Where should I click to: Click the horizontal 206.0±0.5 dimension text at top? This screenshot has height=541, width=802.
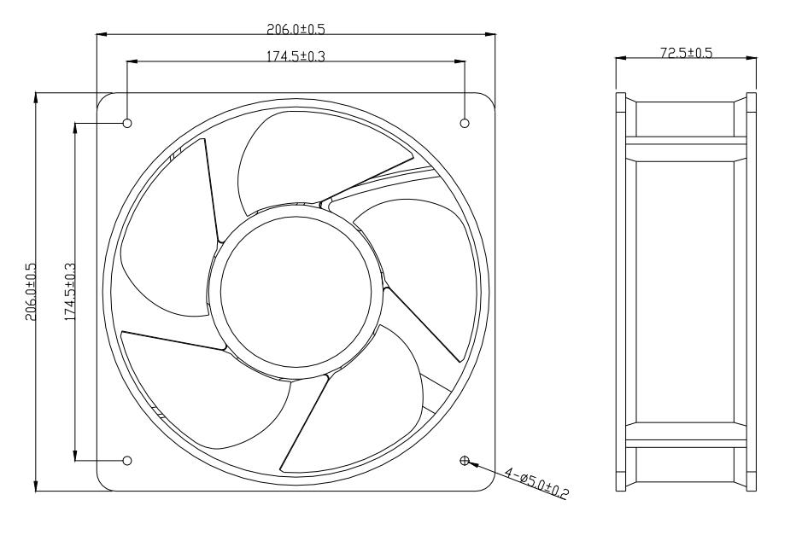pos(296,28)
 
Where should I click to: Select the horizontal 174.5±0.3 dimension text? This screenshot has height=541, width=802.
pos(296,55)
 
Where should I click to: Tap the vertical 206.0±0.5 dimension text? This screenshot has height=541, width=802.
pos(28,290)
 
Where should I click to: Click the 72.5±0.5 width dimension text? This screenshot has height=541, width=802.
pos(686,52)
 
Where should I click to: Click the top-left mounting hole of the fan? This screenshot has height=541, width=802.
pos(127,123)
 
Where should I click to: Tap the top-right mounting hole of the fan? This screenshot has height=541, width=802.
pos(465,123)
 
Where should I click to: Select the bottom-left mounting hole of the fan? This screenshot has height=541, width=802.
pos(127,461)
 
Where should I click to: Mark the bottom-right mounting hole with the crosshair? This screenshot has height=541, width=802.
pos(465,461)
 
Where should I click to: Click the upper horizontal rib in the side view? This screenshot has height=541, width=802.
pos(686,148)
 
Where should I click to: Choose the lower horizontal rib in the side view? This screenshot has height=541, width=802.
pos(686,433)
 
